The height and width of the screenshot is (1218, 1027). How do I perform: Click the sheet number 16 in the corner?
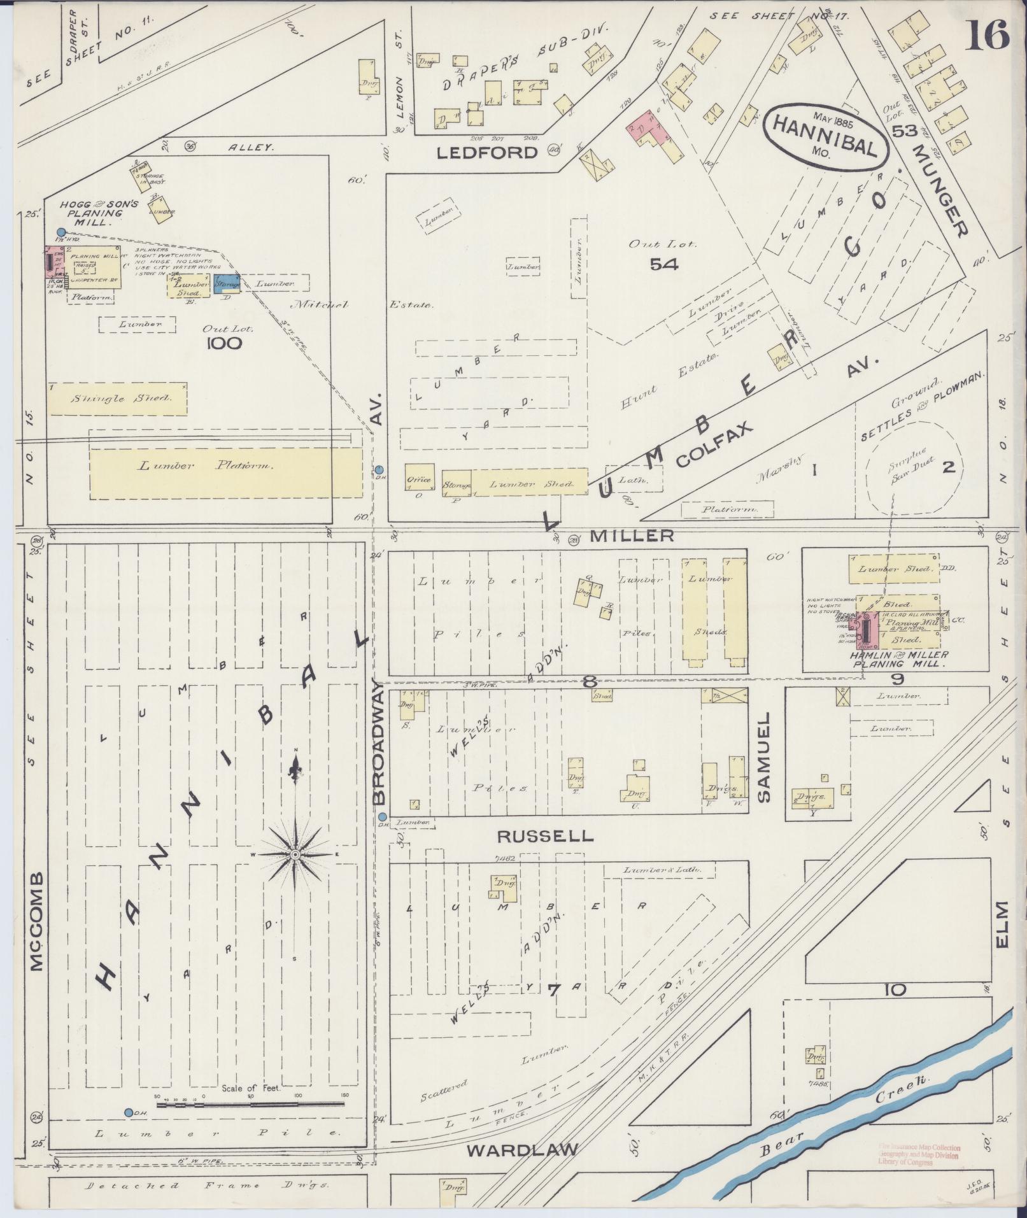click(x=989, y=35)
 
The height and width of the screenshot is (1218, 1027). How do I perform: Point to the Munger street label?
click(x=941, y=190)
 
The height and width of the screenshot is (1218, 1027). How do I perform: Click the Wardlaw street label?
click(x=522, y=1150)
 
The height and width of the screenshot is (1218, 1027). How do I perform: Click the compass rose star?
click(x=295, y=853)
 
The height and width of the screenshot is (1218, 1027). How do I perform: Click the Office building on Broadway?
click(x=418, y=479)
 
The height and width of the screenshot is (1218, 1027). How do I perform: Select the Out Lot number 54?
click(x=663, y=264)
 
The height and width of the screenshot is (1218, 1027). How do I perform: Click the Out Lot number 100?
click(x=224, y=344)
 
